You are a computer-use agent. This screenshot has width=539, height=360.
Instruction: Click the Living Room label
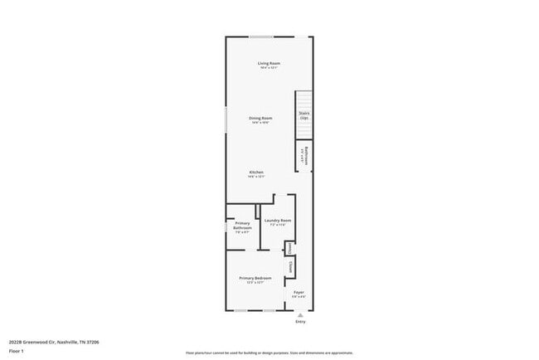pyautogui.click(x=268, y=65)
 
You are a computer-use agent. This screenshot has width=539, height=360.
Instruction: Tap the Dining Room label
pyautogui.click(x=261, y=119)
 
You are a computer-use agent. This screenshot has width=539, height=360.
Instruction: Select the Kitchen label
pyautogui.click(x=256, y=173)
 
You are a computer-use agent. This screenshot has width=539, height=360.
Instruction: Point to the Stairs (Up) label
pyautogui.click(x=304, y=116)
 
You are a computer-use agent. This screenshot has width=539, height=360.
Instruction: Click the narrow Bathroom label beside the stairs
pyautogui.click(x=305, y=155)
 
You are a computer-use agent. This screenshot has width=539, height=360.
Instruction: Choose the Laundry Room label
pyautogui.click(x=278, y=221)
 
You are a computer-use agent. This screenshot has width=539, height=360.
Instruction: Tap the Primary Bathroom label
pyautogui.click(x=242, y=226)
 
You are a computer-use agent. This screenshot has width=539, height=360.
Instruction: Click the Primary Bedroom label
pyautogui.click(x=255, y=280)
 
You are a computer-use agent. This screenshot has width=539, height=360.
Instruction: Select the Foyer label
pyautogui.click(x=299, y=293)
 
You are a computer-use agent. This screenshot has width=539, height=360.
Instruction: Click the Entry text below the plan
pyautogui.click(x=300, y=321)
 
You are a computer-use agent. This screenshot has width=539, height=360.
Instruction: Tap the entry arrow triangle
pyautogui.click(x=300, y=314)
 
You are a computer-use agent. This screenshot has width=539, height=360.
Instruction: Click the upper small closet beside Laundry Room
pyautogui.click(x=289, y=248)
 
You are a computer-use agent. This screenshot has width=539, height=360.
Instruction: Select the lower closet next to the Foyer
pyautogui.click(x=290, y=268)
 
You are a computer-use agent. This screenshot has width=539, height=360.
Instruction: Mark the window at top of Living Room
pyautogui.click(x=262, y=36)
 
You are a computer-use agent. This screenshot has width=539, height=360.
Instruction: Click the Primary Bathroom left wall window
pyautogui.click(x=226, y=226)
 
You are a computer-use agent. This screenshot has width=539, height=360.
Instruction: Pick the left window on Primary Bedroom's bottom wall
pyautogui.click(x=240, y=311)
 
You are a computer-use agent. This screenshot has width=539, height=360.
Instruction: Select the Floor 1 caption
pyautogui.click(x=17, y=351)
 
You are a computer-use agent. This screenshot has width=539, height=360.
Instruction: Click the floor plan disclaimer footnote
pyautogui.click(x=269, y=352)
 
